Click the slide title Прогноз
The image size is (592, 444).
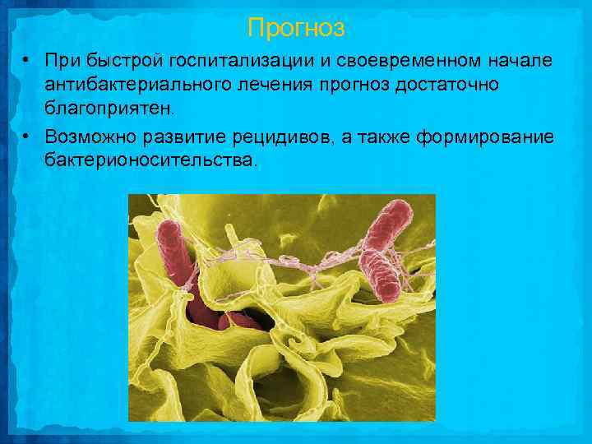296,29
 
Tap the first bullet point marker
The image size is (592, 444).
27,61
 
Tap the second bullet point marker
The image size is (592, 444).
27,135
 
